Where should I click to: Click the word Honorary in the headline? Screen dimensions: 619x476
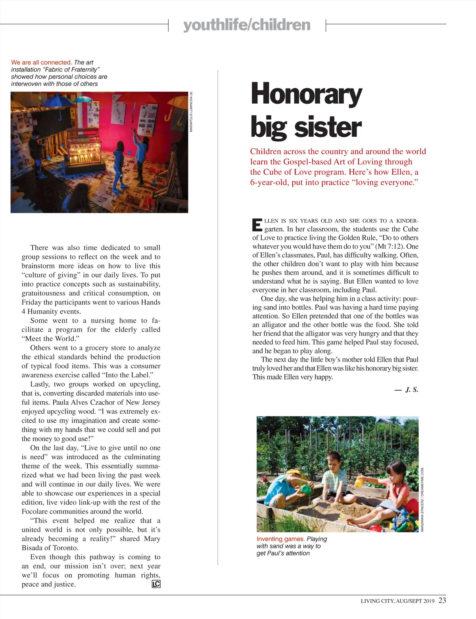306,94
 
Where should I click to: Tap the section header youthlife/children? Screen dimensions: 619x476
247,25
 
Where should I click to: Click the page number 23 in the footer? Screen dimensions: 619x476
442,600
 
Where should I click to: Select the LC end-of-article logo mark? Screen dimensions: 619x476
156,584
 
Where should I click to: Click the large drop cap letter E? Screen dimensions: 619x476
257,224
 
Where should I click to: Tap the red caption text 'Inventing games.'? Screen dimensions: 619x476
280,539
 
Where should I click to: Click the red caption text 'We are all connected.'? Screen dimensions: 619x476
41,62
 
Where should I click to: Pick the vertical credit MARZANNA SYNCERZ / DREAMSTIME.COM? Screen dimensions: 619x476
422,499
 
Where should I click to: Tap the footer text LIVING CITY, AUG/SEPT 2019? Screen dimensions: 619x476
397,601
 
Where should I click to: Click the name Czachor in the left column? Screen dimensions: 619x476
104,402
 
